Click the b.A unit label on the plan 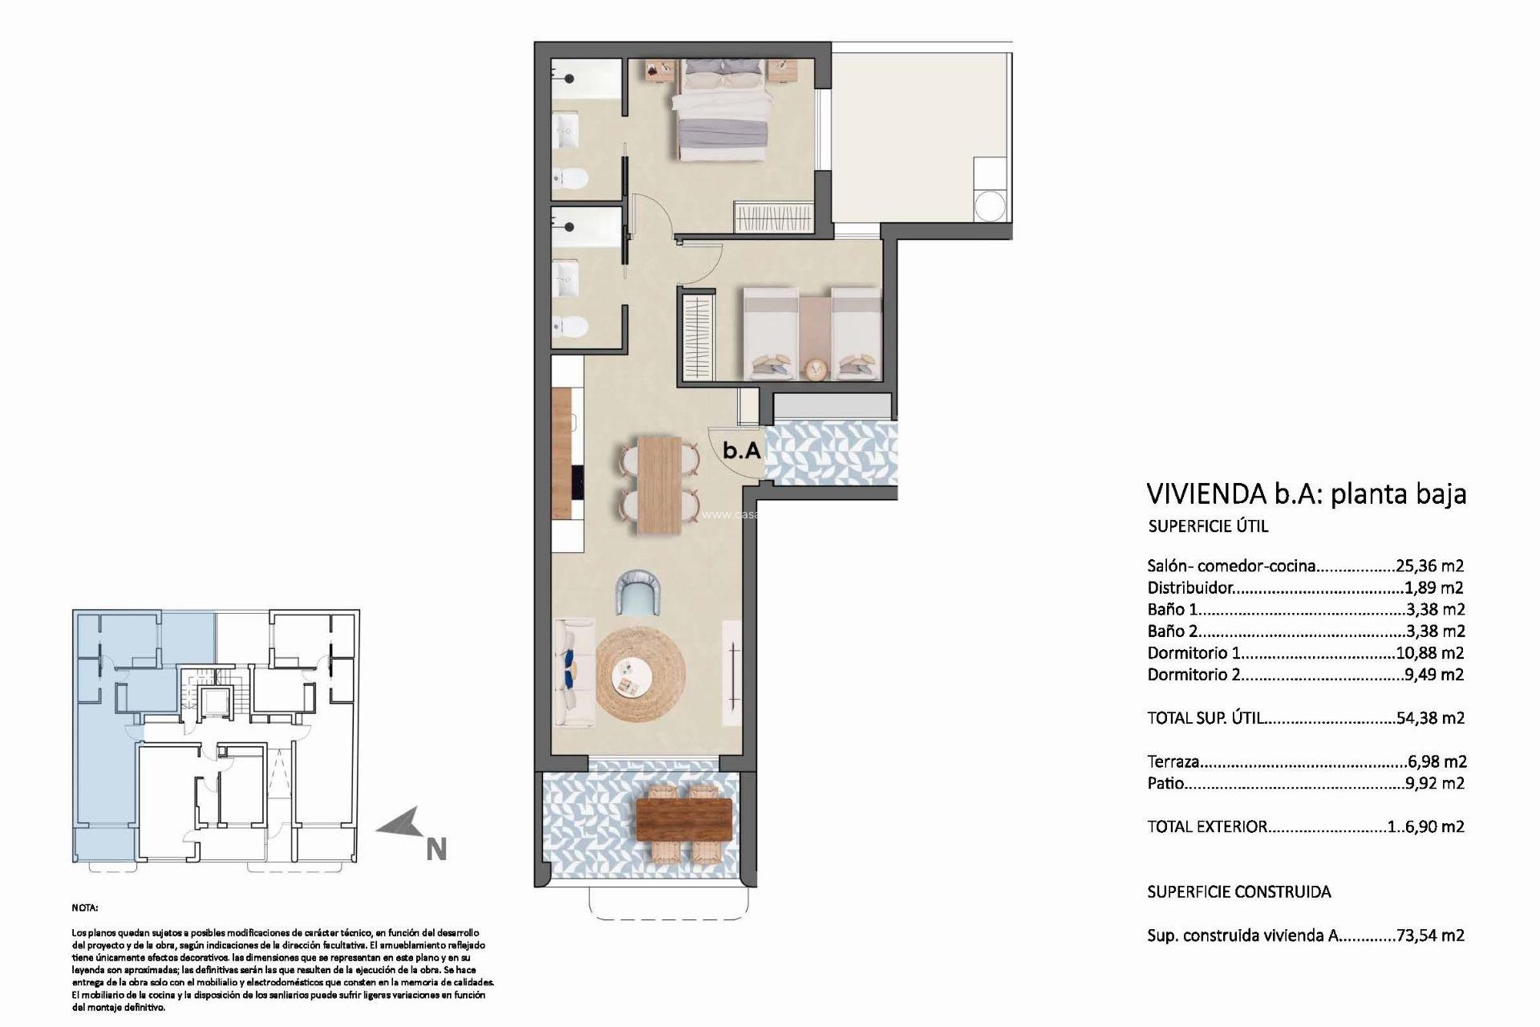click(741, 450)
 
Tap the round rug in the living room click(641, 675)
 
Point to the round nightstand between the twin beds click(816, 368)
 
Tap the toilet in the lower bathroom click(571, 327)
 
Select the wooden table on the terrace click(683, 818)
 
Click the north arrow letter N click(436, 850)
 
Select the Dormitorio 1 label click(1188, 653)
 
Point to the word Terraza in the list click(1173, 761)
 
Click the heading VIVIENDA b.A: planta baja click(1306, 493)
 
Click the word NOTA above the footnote click(85, 908)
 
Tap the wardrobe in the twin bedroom click(697, 338)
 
